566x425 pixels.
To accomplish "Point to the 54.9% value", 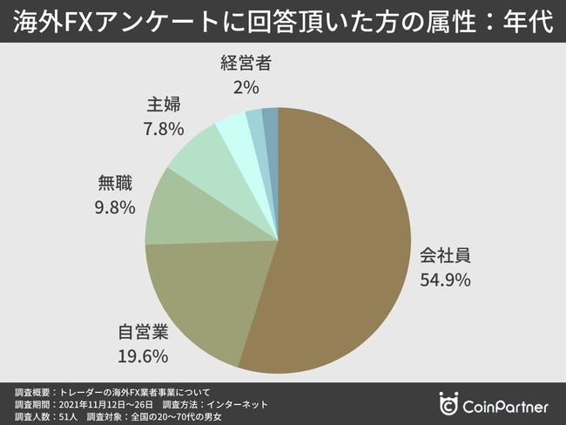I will click(x=446, y=280).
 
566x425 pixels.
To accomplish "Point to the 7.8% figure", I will click(x=164, y=129).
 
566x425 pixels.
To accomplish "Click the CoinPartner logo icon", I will click(x=450, y=405).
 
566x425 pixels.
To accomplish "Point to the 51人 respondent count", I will click(x=70, y=417).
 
